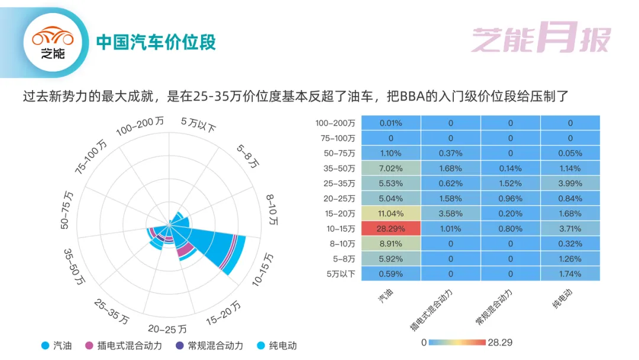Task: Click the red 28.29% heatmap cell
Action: (391, 229)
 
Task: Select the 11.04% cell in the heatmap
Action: (391, 213)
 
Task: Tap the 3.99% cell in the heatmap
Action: (570, 184)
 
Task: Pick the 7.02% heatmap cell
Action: (391, 168)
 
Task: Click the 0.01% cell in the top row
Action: (391, 123)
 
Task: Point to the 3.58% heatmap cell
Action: (451, 213)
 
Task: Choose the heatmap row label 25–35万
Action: (339, 184)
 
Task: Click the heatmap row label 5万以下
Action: (341, 274)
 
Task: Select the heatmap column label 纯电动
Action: (563, 298)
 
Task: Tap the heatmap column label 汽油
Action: (386, 295)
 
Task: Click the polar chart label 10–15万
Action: (263, 269)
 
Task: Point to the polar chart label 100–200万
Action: (140, 126)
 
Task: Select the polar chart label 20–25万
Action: (167, 329)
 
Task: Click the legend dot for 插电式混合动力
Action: (89, 346)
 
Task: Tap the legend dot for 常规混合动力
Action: (180, 346)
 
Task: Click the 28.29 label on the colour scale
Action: (500, 342)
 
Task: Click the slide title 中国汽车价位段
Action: (156, 42)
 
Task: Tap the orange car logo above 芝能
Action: (53, 36)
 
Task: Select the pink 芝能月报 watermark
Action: (541, 37)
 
